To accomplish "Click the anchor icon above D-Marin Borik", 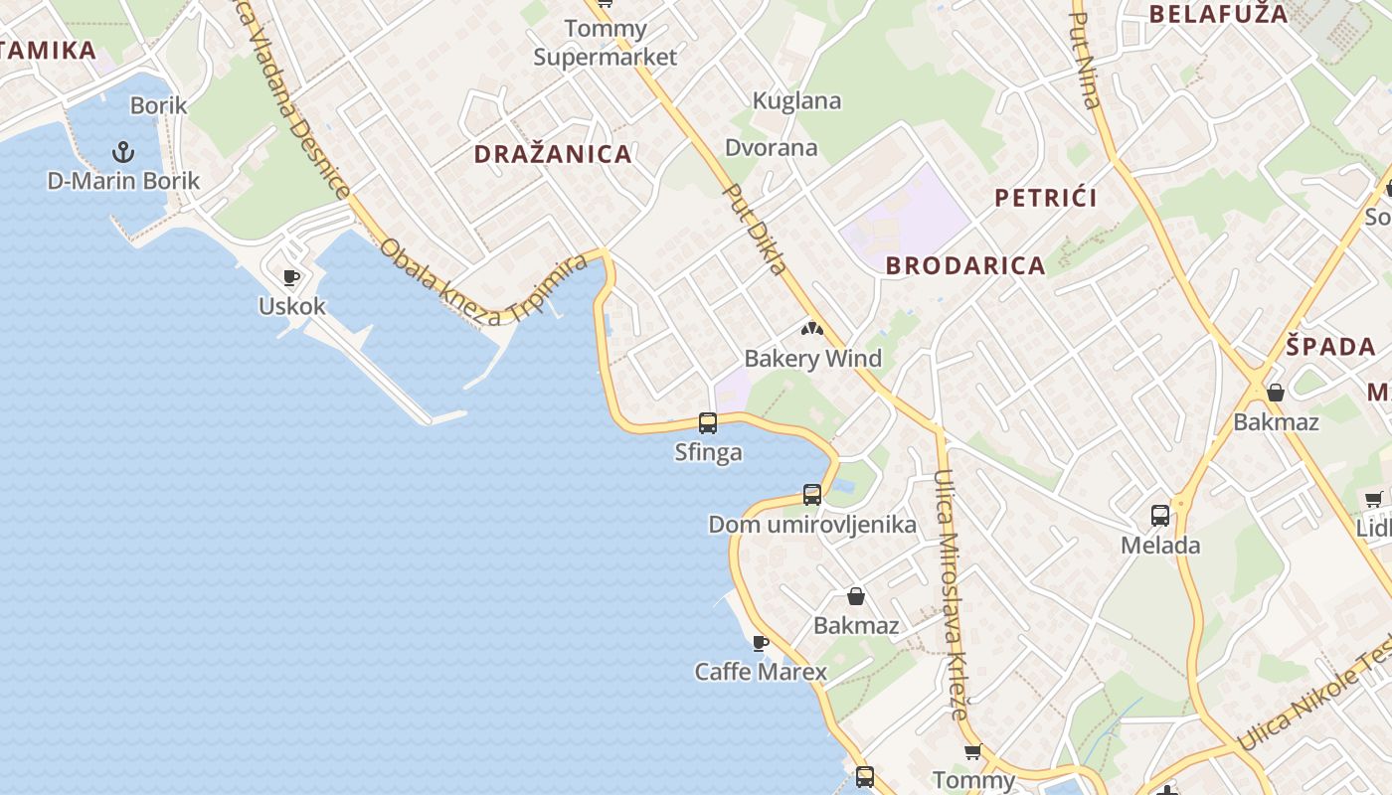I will [x=123, y=152].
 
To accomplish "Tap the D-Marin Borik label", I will [x=123, y=181].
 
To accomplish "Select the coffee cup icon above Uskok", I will [x=291, y=277].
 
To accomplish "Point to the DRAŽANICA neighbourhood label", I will [x=553, y=154].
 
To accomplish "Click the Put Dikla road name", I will [x=755, y=229].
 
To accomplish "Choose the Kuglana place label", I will [x=796, y=100].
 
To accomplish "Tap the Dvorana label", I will [x=772, y=148].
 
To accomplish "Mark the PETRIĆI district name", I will [x=1046, y=198].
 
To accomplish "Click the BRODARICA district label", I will [x=965, y=265].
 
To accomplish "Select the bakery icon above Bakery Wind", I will [x=812, y=329].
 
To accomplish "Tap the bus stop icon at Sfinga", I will [x=708, y=423].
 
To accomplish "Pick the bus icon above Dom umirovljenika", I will [x=812, y=494].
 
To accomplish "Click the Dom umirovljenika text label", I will [x=812, y=525].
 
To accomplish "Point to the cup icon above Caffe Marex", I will [x=761, y=643].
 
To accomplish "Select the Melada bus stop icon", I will [x=1160, y=516].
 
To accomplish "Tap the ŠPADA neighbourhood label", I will [x=1330, y=347].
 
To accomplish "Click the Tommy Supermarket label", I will [x=605, y=43].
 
